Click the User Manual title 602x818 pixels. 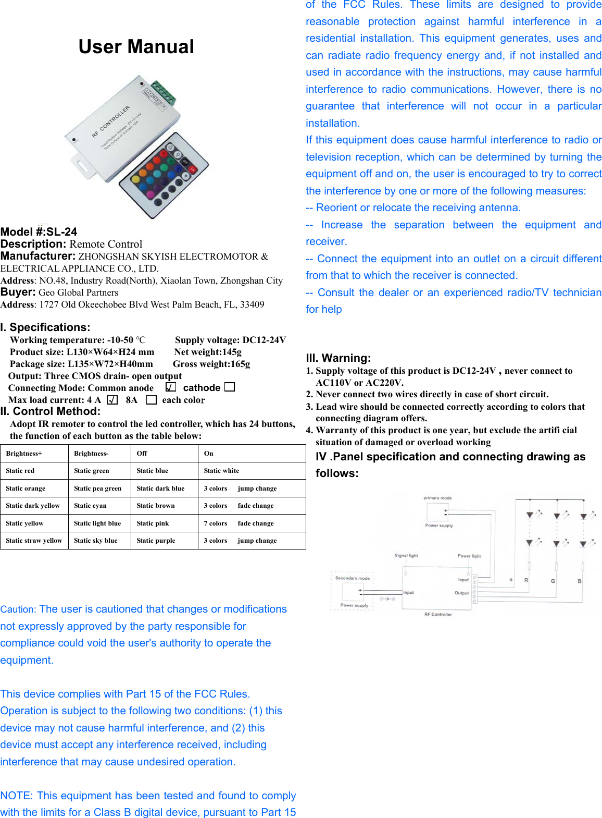click(136, 46)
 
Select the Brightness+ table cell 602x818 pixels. click(24, 454)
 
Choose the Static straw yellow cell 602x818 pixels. click(34, 541)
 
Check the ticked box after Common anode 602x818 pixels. click(171, 387)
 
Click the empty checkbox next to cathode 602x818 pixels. click(229, 387)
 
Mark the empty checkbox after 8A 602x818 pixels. click(151, 400)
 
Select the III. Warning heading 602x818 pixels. click(338, 358)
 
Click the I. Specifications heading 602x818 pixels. click(45, 327)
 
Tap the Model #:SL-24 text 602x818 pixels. click(39, 232)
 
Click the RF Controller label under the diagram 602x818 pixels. click(438, 614)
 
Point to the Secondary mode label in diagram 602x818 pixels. click(353, 578)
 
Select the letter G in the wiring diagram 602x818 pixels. click(553, 581)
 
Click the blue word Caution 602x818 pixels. click(18, 609)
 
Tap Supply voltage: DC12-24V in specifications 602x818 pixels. click(231, 340)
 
